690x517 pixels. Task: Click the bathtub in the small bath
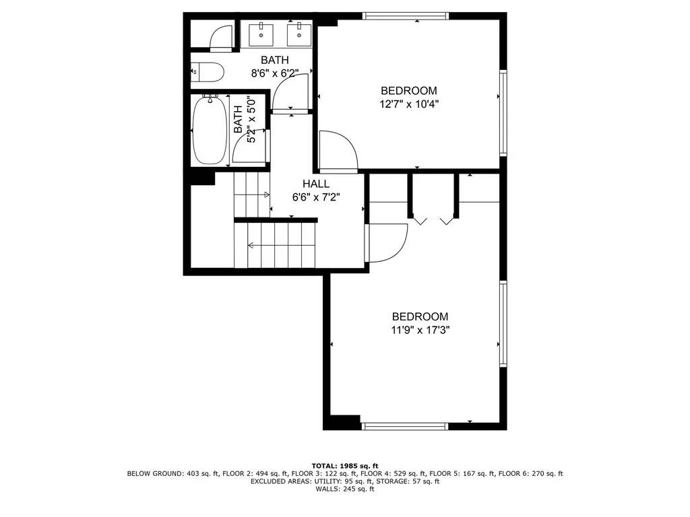210,131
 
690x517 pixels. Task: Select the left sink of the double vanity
261,33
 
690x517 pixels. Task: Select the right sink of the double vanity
297,33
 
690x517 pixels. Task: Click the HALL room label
316,184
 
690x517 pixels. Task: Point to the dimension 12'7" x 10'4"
408,104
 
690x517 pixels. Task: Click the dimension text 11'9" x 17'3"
420,331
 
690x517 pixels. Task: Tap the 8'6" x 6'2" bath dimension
274,73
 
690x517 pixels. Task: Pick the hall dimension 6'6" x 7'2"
316,198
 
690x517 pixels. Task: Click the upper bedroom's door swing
337,151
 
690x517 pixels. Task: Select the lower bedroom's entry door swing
387,242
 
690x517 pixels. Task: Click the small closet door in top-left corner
221,39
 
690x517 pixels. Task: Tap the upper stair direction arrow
253,195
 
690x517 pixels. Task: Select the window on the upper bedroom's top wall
405,15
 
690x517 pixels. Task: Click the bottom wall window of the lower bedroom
405,425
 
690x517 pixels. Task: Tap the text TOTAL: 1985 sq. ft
344,466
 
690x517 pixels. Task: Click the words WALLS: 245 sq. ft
344,489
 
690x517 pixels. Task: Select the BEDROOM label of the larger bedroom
420,316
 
